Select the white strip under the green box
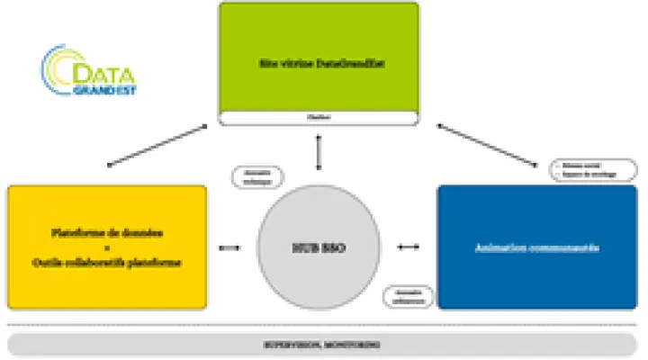319,117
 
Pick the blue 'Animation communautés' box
537,246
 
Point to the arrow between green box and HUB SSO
317,148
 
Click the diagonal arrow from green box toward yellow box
162,146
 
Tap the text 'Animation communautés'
537,246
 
